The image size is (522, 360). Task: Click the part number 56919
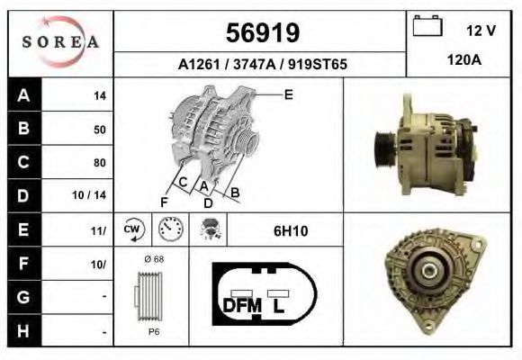[261, 33]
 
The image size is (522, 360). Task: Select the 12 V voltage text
[481, 31]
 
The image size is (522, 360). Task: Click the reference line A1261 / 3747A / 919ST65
[263, 65]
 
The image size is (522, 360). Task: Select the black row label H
[22, 331]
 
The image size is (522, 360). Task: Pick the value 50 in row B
[99, 130]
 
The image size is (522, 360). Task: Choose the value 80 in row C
[99, 163]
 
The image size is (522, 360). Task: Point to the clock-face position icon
[169, 231]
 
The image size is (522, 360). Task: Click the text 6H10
[291, 231]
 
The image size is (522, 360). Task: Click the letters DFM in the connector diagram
[242, 305]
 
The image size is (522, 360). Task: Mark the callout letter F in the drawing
[165, 201]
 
